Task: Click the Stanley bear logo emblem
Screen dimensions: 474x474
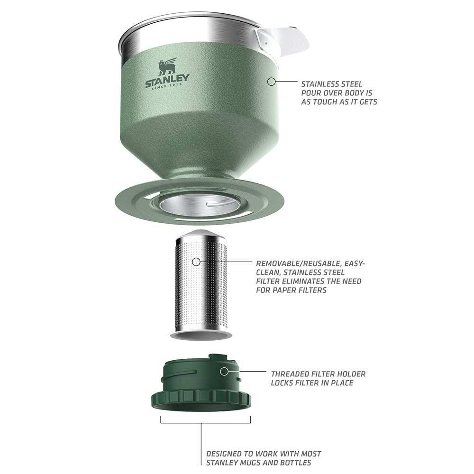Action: (x=167, y=66)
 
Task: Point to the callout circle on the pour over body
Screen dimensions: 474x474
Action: (x=271, y=82)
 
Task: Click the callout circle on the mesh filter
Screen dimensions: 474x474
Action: (x=196, y=261)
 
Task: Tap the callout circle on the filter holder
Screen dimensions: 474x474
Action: (x=224, y=371)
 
